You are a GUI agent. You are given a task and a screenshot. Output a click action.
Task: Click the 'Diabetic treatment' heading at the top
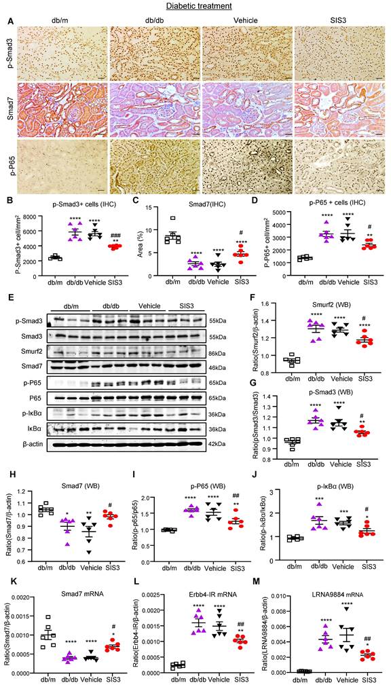point(196,6)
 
